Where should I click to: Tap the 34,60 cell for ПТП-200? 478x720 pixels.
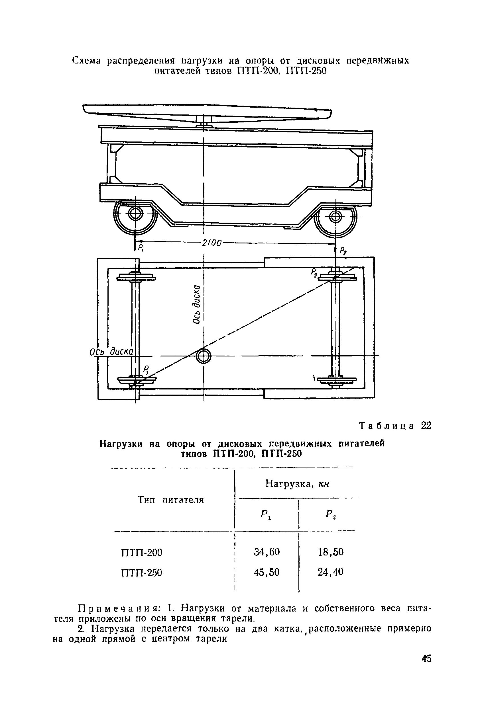[267, 552]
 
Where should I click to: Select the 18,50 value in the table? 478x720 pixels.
[331, 552]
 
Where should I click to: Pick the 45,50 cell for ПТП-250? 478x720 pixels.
[267, 572]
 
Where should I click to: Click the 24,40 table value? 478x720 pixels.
[331, 572]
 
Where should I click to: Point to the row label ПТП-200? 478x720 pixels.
[142, 552]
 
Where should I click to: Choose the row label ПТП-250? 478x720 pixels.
[142, 573]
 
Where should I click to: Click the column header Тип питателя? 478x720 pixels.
[171, 500]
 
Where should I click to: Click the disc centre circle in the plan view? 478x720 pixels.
[203, 356]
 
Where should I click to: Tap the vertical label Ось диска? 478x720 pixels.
[197, 304]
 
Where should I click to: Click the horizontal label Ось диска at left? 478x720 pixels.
[111, 352]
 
